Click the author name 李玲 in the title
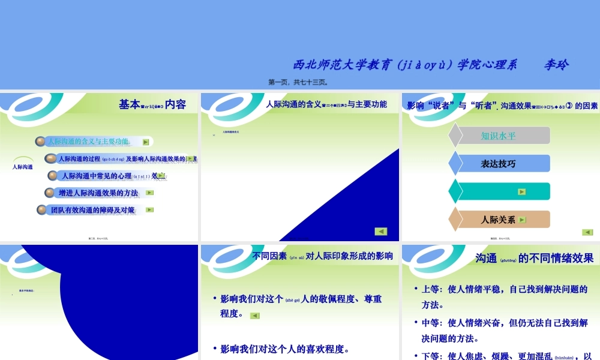[x=556, y=65]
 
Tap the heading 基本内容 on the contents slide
[x=152, y=104]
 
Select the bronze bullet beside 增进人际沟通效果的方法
[x=50, y=193]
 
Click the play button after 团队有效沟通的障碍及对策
[x=149, y=210]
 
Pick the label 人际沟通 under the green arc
[x=23, y=167]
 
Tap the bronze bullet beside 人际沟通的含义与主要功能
[x=40, y=142]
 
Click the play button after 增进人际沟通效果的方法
[x=149, y=193]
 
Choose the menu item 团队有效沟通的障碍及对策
[x=93, y=210]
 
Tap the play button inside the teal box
[x=522, y=192]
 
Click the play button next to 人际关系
[x=522, y=220]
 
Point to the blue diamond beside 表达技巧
[x=456, y=164]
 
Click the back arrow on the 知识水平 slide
[x=587, y=232]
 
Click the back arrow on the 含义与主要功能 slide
[x=380, y=232]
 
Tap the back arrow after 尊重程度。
[x=255, y=316]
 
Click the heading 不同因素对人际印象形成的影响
[x=323, y=256]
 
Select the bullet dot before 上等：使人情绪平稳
[x=416, y=289]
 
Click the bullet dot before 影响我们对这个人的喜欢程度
[x=214, y=348]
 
